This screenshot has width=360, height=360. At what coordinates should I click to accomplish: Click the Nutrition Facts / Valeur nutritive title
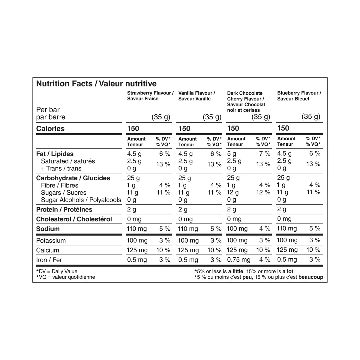click(x=96, y=84)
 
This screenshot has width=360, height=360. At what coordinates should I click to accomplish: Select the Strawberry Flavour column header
click(x=150, y=96)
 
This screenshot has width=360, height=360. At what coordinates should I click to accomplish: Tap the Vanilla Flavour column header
click(x=196, y=96)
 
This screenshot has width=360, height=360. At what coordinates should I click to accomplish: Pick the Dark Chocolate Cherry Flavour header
click(x=246, y=102)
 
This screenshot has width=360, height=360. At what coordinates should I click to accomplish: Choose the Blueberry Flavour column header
click(x=299, y=96)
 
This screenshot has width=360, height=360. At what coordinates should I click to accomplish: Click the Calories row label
click(x=50, y=129)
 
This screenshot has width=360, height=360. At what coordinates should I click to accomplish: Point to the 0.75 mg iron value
click(x=238, y=260)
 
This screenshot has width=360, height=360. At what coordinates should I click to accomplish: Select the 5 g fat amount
click(x=232, y=154)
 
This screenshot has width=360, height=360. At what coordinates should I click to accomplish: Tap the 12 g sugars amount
click(x=233, y=193)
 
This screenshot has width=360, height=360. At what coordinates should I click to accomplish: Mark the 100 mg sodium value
click(x=237, y=229)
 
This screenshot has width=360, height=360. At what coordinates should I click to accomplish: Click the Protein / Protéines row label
click(x=64, y=210)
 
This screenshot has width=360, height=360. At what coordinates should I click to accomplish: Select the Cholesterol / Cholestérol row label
click(x=74, y=219)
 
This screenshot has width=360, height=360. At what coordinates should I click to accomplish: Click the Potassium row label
click(x=51, y=241)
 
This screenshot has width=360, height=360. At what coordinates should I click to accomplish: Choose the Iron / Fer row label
click(x=49, y=260)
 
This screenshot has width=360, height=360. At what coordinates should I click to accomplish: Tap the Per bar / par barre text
click(x=50, y=113)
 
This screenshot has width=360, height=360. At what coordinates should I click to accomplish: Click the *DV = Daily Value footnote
click(x=57, y=271)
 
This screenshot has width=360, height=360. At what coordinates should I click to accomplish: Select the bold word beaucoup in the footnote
click(x=311, y=277)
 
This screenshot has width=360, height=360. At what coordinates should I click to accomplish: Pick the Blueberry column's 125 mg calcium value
click(x=287, y=250)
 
